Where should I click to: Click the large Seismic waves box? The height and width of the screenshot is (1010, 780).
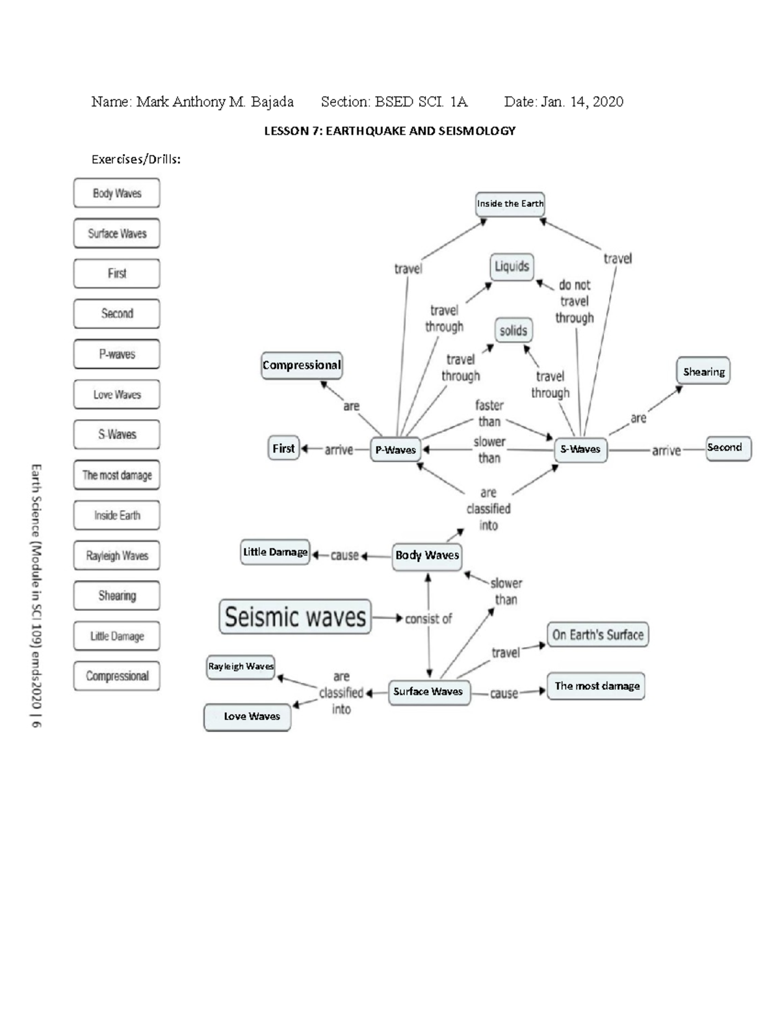pos(295,617)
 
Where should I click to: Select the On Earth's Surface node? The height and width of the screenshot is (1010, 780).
pos(597,635)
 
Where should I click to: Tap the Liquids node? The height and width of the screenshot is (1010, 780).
pos(512,267)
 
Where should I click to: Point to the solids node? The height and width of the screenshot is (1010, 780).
pos(513,330)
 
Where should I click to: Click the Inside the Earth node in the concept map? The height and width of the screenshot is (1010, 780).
pos(510,204)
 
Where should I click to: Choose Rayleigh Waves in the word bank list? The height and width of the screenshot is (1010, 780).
pos(117,556)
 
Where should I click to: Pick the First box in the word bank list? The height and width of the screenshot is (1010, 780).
pos(117,274)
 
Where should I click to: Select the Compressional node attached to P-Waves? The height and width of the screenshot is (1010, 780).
pos(302,365)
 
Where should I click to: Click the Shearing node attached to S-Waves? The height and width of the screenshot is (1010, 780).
pos(703,372)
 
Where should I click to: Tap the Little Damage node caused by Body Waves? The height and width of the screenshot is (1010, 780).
pos(275,552)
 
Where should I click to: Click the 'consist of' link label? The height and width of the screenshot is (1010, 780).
pos(428,619)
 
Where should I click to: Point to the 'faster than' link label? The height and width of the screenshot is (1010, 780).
pos(489,413)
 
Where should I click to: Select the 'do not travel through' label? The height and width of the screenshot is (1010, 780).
pos(574,301)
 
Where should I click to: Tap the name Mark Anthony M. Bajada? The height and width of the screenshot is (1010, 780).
pos(214,101)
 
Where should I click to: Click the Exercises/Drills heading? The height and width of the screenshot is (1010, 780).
pos(136,159)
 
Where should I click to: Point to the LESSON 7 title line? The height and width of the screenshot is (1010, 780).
pos(389,131)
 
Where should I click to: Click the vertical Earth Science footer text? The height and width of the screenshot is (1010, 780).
pos(36,595)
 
